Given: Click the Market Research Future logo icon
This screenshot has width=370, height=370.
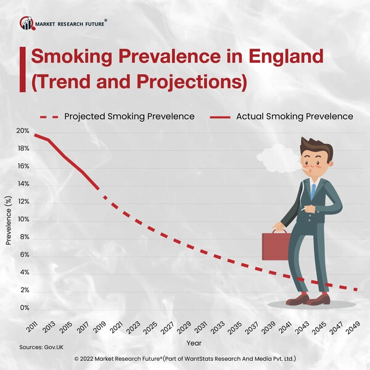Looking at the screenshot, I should pyautogui.click(x=27, y=23).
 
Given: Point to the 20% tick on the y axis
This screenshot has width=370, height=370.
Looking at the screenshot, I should pyautogui.click(x=23, y=131).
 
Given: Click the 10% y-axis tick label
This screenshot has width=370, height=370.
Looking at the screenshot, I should pyautogui.click(x=23, y=220).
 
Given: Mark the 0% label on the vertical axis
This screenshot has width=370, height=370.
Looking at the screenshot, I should pyautogui.click(x=25, y=308).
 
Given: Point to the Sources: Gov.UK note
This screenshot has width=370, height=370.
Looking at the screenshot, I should pyautogui.click(x=41, y=348).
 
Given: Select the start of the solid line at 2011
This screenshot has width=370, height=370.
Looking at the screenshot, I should pyautogui.click(x=35, y=134).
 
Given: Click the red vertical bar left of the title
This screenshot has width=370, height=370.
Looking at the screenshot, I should pyautogui.click(x=23, y=70).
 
